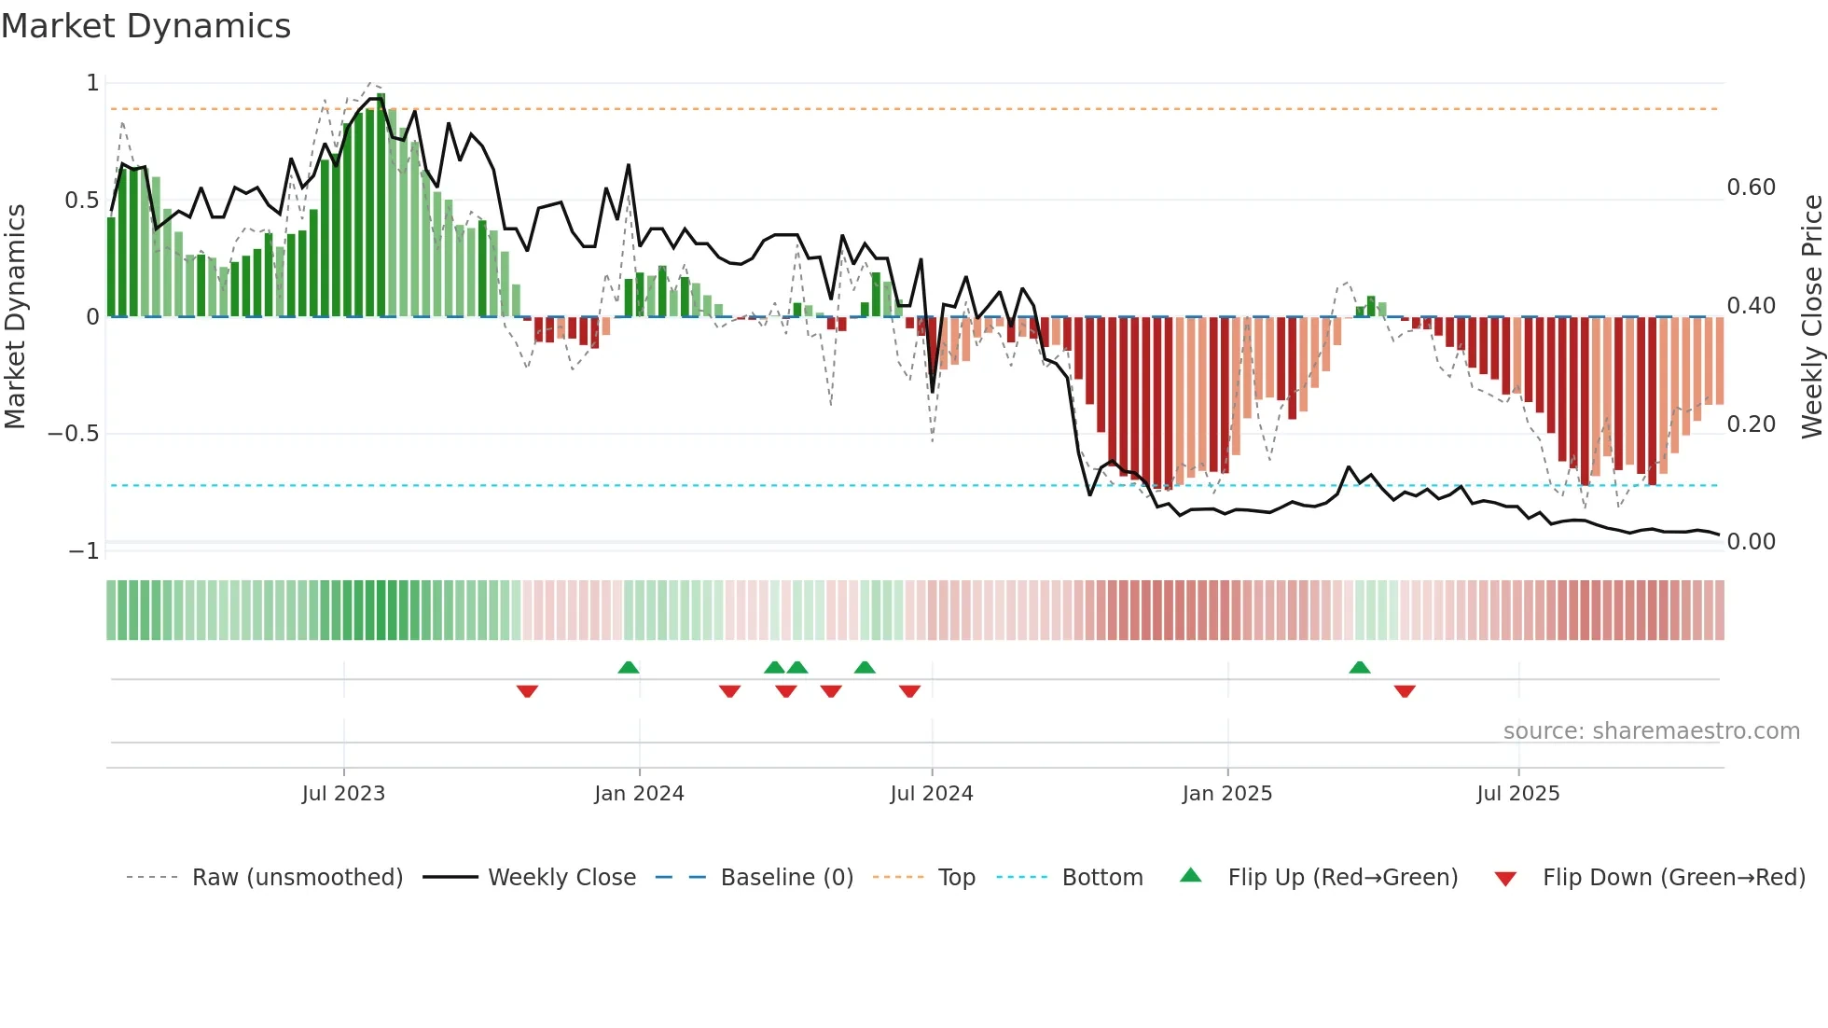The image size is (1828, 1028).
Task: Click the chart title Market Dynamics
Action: pos(146,26)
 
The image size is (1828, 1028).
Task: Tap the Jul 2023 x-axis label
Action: pos(343,794)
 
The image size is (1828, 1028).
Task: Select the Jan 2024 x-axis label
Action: pos(639,794)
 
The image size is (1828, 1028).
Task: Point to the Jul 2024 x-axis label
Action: pos(932,794)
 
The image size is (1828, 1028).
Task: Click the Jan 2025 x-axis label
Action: pos(1226,794)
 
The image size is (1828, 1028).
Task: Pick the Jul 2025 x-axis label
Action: pos(1517,794)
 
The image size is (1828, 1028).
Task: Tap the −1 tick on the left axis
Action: pos(83,551)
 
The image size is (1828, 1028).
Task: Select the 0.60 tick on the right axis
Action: pos(1751,188)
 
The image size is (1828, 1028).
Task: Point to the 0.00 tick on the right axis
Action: pos(1751,542)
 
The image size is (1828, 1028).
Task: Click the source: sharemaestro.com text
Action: pos(1651,731)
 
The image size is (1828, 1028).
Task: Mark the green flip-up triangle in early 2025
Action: pos(1360,667)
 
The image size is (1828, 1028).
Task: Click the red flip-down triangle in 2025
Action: pos(1405,691)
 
